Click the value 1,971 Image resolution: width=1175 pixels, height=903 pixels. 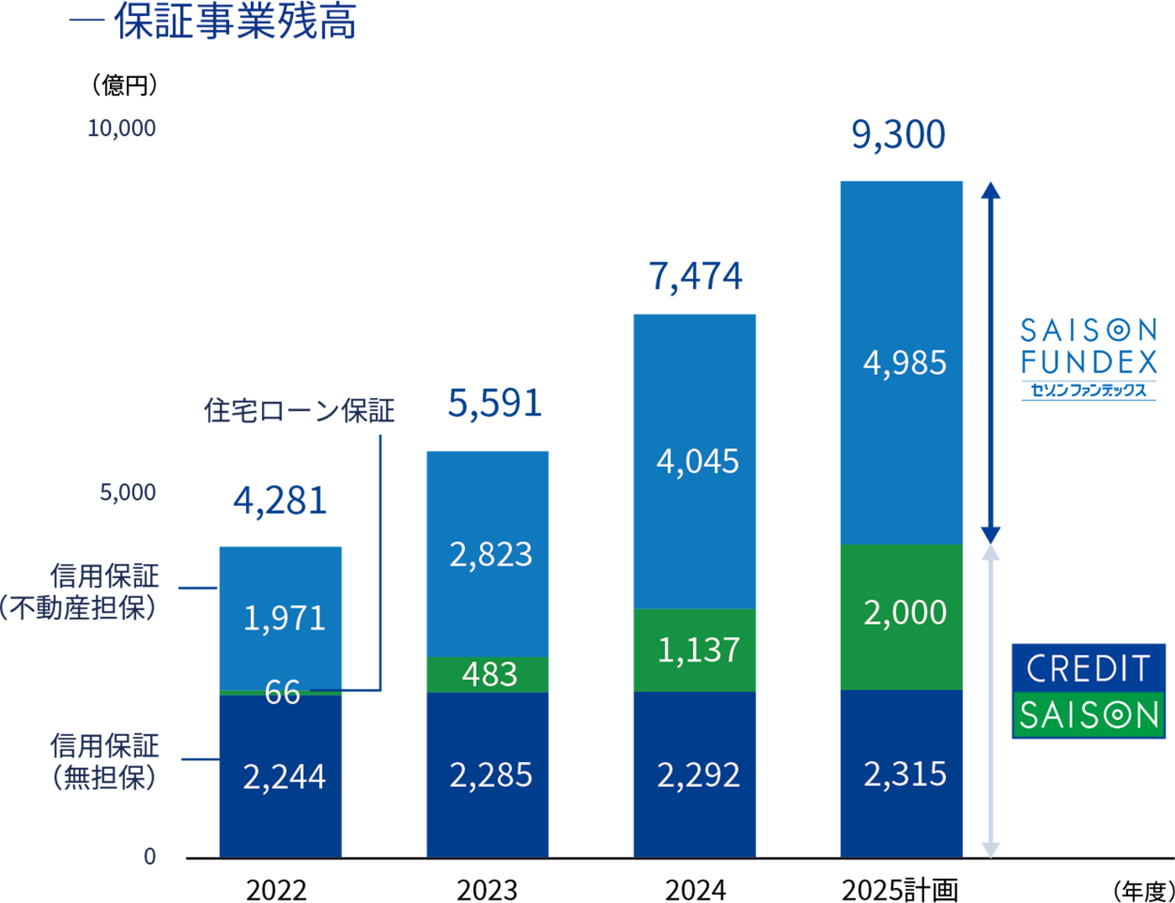(284, 619)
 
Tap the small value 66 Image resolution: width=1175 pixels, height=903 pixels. (282, 692)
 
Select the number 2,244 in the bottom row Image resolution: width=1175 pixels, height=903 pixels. (284, 776)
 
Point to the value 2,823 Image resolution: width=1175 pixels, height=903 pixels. (491, 555)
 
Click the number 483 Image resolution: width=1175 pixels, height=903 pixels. (490, 674)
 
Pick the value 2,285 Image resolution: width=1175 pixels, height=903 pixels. (491, 775)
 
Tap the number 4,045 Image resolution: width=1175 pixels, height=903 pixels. (697, 462)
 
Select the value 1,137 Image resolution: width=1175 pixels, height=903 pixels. (698, 650)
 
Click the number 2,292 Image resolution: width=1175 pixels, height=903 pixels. (698, 775)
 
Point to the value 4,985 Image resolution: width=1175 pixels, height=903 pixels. (905, 363)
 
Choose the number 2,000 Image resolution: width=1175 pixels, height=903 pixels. (905, 613)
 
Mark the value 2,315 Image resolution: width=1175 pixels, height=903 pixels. (905, 774)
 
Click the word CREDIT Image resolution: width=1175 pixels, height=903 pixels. (1088, 669)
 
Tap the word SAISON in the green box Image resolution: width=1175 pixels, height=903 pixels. (1089, 715)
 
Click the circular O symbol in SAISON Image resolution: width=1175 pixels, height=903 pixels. (1118, 715)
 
